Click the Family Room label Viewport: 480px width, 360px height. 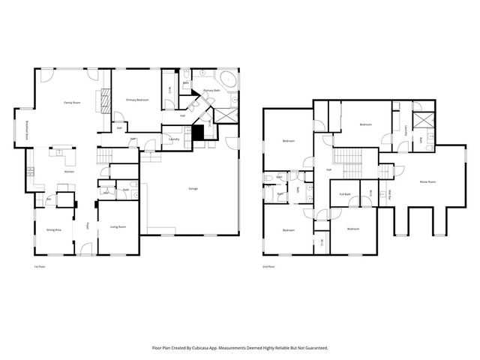[x=72, y=102]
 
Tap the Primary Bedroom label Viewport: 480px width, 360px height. [x=136, y=100]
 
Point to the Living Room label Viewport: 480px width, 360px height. [x=118, y=226]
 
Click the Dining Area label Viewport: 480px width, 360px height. [x=54, y=229]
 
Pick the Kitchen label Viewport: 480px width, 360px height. [x=69, y=172]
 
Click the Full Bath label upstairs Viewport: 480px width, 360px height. [x=345, y=194]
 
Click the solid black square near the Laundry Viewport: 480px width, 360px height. [x=198, y=133]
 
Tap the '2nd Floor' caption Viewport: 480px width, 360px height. [x=268, y=266]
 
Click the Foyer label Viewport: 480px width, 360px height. [x=88, y=224]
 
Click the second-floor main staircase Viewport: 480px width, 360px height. [x=347, y=157]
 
